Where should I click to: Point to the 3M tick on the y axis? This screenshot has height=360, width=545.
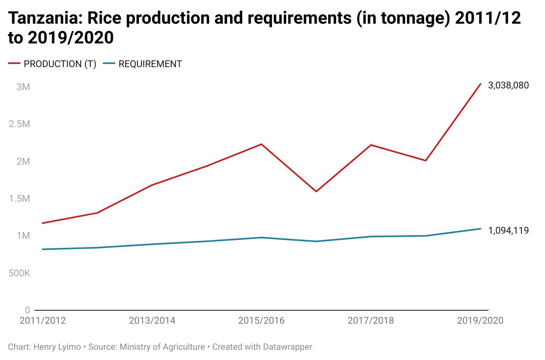coord(23,87)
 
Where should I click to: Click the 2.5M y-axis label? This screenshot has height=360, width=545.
coord(19,124)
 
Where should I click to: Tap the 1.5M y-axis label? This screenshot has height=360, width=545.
coord(19,199)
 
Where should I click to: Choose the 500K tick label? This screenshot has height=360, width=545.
coord(19,273)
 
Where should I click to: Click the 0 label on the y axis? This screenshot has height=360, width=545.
coord(27,310)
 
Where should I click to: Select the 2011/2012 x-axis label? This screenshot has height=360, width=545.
coord(43,321)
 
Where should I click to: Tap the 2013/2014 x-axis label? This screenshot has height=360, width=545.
coord(152,321)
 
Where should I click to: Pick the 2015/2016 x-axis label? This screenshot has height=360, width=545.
coord(261,321)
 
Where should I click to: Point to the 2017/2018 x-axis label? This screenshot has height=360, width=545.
coord(370,321)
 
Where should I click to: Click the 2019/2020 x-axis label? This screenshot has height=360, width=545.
coord(480,321)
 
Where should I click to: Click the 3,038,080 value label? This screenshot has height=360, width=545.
coord(508,85)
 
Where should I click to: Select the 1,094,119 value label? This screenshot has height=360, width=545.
coord(508,231)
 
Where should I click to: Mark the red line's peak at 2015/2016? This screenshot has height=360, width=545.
coord(261,144)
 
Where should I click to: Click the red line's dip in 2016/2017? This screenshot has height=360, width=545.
coord(316,191)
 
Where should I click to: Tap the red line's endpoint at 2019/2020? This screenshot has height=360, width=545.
coord(480,84)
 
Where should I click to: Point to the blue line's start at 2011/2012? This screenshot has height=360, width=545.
coord(42,249)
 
